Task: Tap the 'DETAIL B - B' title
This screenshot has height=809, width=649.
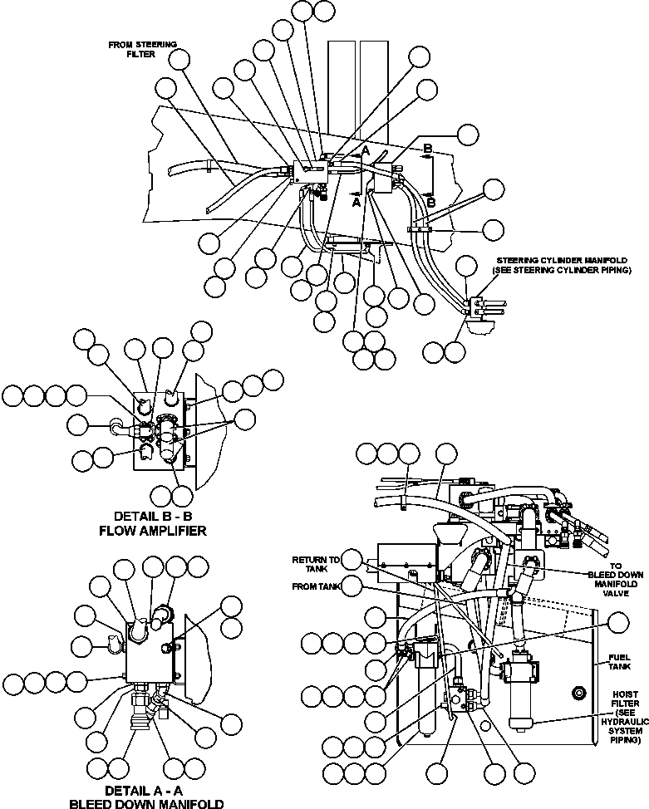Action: (152, 515)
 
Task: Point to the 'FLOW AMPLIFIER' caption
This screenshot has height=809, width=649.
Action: (152, 530)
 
